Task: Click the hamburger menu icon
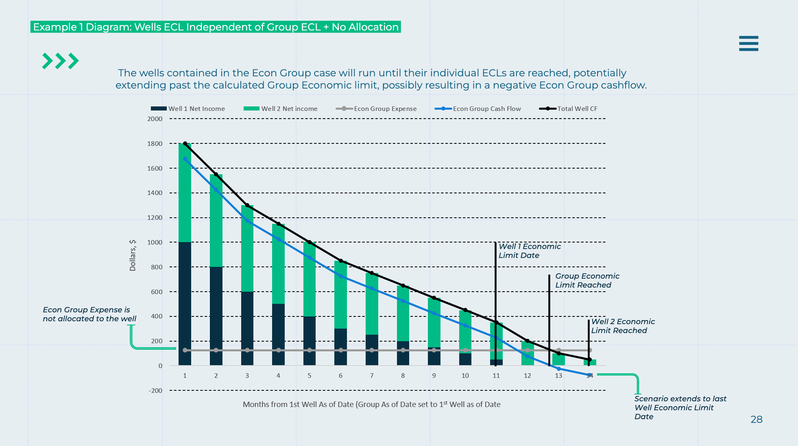(748, 43)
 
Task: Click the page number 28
(756, 420)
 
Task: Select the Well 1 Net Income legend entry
(188, 109)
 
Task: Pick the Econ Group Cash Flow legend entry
(478, 109)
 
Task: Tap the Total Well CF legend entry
(568, 109)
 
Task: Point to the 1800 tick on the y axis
(155, 144)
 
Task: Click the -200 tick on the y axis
(155, 391)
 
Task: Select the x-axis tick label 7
(372, 376)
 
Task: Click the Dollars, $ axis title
(133, 255)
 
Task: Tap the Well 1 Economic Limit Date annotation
(529, 251)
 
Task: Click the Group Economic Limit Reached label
(587, 281)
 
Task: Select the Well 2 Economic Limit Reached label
(623, 326)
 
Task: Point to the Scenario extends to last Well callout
(680, 407)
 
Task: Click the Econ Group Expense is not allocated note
(89, 314)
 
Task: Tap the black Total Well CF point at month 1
(185, 144)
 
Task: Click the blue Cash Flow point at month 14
(590, 375)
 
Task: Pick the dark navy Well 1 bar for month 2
(216, 316)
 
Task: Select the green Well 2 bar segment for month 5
(310, 279)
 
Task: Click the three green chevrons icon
(60, 61)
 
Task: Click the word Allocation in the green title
(374, 27)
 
